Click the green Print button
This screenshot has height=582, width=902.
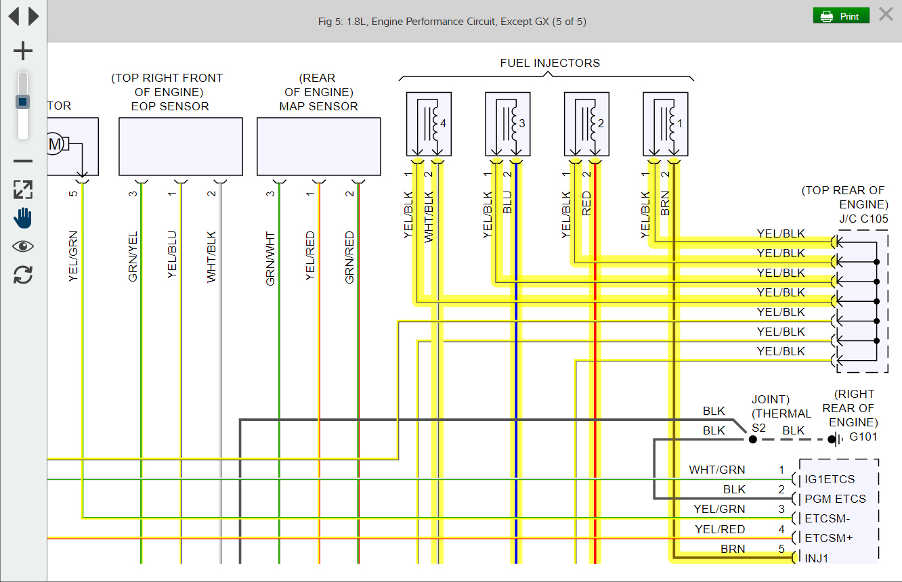point(840,16)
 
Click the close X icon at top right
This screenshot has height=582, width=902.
point(886,14)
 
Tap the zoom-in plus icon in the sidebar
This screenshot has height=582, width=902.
point(23,51)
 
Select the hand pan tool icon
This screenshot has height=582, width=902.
point(23,217)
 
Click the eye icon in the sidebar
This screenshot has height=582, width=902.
point(23,246)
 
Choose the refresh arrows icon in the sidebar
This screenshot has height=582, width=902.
point(23,275)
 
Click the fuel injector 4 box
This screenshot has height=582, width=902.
point(429,124)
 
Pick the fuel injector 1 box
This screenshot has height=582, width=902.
point(665,124)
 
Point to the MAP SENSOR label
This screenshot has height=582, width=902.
point(318,106)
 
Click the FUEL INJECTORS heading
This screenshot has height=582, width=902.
point(550,63)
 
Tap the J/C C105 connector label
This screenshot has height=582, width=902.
point(863,219)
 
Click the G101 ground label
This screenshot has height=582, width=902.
point(863,437)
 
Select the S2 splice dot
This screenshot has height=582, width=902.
point(752,439)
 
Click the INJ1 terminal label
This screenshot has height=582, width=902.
point(816,558)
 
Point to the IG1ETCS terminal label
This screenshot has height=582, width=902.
point(829,479)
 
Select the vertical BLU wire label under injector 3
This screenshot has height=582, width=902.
point(507,202)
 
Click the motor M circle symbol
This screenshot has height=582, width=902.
point(56,143)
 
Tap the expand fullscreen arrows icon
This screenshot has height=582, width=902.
point(23,189)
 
